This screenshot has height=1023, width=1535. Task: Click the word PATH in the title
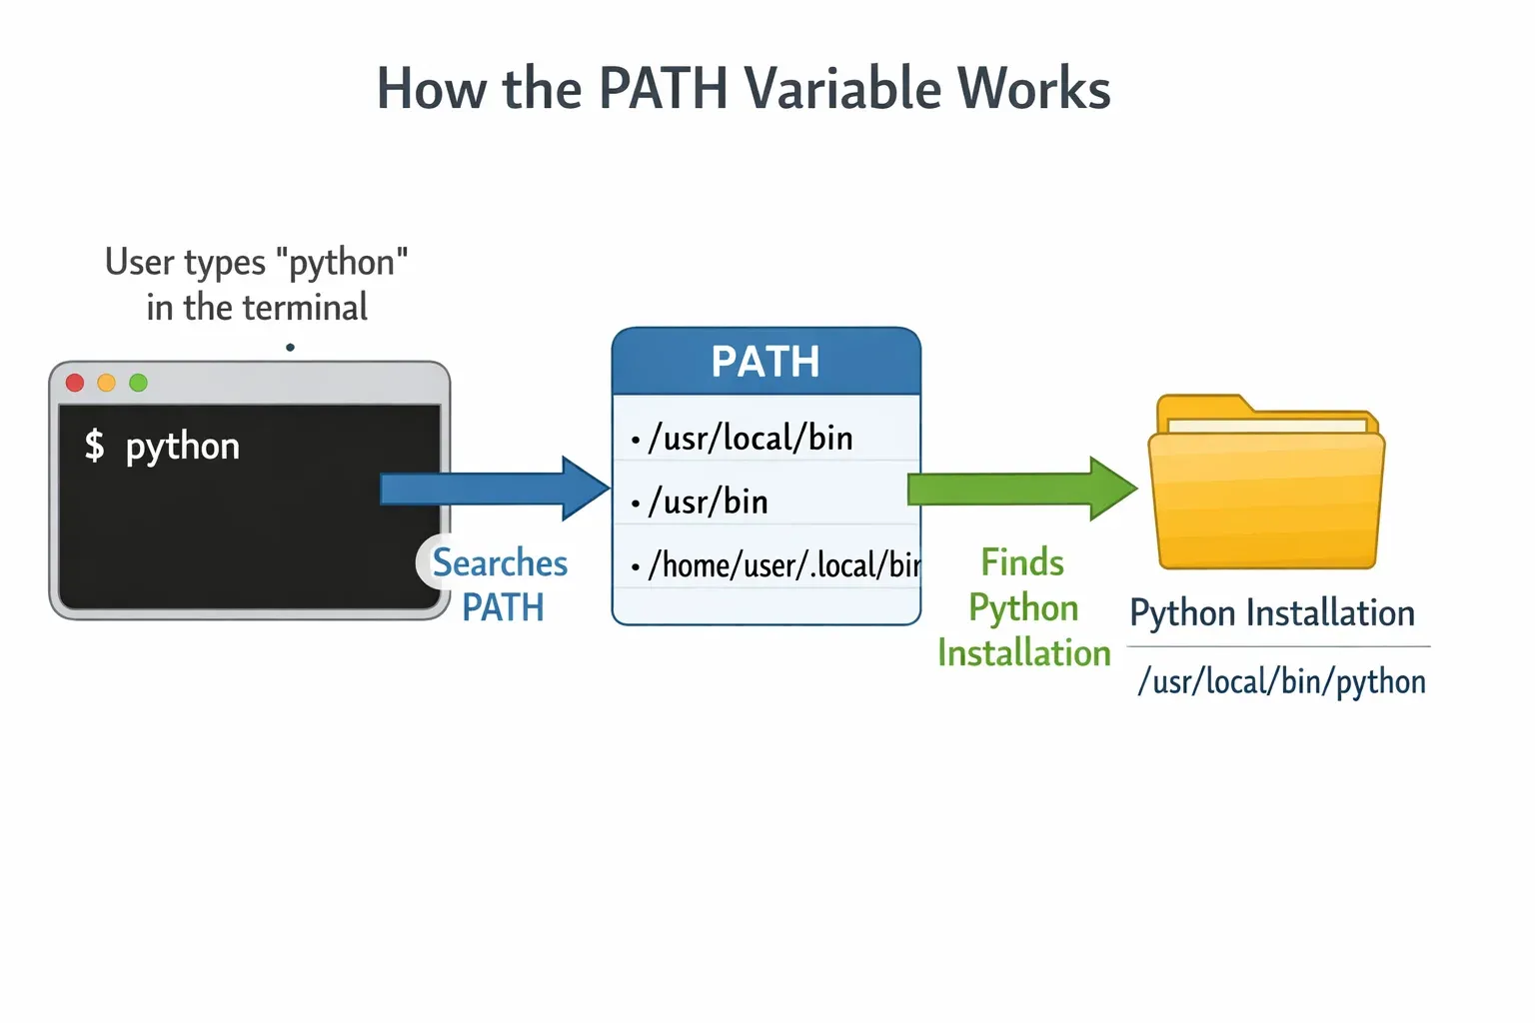tap(663, 88)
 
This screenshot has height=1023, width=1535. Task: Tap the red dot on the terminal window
tap(75, 383)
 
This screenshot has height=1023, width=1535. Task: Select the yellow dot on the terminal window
tap(107, 383)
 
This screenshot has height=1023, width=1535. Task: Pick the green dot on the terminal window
tap(139, 383)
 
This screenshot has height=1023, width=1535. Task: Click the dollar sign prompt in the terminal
tap(94, 446)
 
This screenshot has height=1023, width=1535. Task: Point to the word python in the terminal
tap(183, 447)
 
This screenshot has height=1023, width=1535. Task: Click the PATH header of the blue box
tap(766, 362)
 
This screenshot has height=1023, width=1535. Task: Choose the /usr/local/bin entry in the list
tap(751, 438)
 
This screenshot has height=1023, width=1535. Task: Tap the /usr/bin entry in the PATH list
tap(709, 502)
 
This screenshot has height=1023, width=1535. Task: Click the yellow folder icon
tap(1266, 485)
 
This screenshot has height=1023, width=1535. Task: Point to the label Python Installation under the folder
tap(1272, 612)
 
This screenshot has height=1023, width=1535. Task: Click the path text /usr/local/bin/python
tap(1281, 681)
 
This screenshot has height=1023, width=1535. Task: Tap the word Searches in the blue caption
tap(500, 563)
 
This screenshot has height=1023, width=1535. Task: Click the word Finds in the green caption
tap(1022, 562)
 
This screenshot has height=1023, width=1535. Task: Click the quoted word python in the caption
tap(342, 263)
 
